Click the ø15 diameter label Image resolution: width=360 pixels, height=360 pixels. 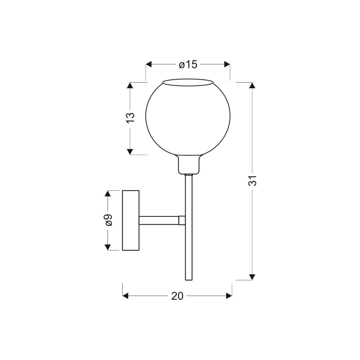[188, 64]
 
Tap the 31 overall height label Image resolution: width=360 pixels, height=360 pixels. [253, 181]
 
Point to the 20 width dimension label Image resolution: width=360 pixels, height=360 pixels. [177, 296]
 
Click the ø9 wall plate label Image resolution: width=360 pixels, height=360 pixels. [108, 220]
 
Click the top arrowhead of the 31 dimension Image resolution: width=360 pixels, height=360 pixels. [253, 85]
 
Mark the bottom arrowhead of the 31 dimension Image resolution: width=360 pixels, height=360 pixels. [253, 276]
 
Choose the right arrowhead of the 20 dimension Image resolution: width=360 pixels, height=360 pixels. [229, 296]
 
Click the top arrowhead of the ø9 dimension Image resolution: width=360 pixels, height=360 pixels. [107, 193]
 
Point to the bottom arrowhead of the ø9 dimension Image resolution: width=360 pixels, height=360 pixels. [107, 247]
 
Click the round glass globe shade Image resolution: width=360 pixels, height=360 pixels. [188, 120]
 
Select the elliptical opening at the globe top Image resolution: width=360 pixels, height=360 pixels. [188, 82]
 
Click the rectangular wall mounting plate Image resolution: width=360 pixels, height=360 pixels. [131, 220]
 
